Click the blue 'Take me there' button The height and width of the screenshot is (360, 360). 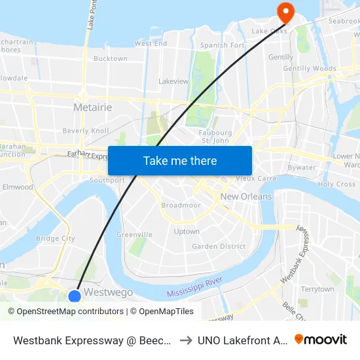pos(180,160)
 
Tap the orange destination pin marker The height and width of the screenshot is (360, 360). pos(286,11)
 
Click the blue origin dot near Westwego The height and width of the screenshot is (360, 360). pos(75,296)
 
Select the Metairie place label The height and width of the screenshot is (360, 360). pos(93,107)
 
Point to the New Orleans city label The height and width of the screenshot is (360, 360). pos(246,196)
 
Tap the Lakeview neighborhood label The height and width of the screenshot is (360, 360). pos(173,82)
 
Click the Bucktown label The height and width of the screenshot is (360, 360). pos(111,59)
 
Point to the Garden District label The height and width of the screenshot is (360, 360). pos(219,247)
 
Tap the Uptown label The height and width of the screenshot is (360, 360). pos(187,232)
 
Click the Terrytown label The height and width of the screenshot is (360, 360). pos(317,289)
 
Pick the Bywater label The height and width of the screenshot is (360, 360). pos(301,168)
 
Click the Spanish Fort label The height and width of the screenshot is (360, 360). pos(223,45)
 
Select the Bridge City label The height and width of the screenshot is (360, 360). pos(56,239)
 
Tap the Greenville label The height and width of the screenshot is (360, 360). pos(134,234)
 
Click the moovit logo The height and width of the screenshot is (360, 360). pos(321,340)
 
